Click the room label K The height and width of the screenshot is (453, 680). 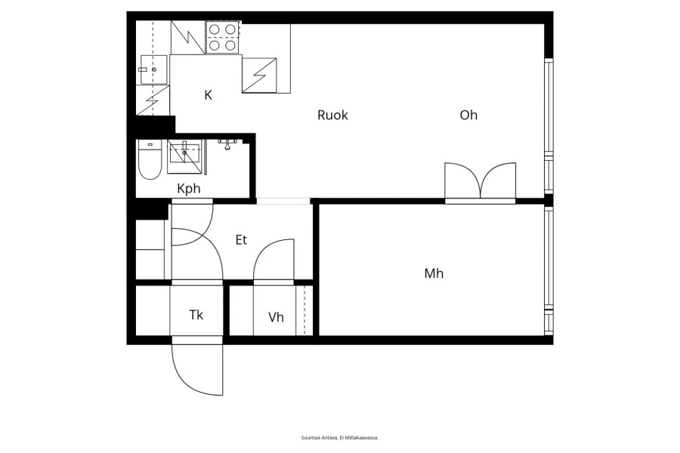[209, 95]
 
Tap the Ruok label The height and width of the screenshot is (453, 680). [332, 116]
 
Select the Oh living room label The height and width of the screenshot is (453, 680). [468, 115]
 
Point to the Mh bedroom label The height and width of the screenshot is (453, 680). [434, 273]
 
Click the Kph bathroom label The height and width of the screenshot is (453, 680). [189, 189]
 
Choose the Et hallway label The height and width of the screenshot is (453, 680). [241, 240]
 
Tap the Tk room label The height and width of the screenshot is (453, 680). [196, 315]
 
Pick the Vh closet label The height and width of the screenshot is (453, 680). [276, 317]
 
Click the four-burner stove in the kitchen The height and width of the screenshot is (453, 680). [223, 37]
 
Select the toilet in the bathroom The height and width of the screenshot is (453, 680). [150, 159]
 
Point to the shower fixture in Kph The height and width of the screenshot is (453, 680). [227, 144]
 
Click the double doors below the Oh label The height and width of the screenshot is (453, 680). [481, 181]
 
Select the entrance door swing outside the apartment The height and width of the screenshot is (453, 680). [197, 368]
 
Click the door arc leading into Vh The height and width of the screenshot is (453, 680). [274, 260]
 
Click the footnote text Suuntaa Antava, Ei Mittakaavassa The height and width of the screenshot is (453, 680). [340, 438]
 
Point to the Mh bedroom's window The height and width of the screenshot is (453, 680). [549, 271]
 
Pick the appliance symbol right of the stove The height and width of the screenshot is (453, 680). [259, 75]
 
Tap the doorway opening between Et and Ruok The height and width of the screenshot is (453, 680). [283, 201]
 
